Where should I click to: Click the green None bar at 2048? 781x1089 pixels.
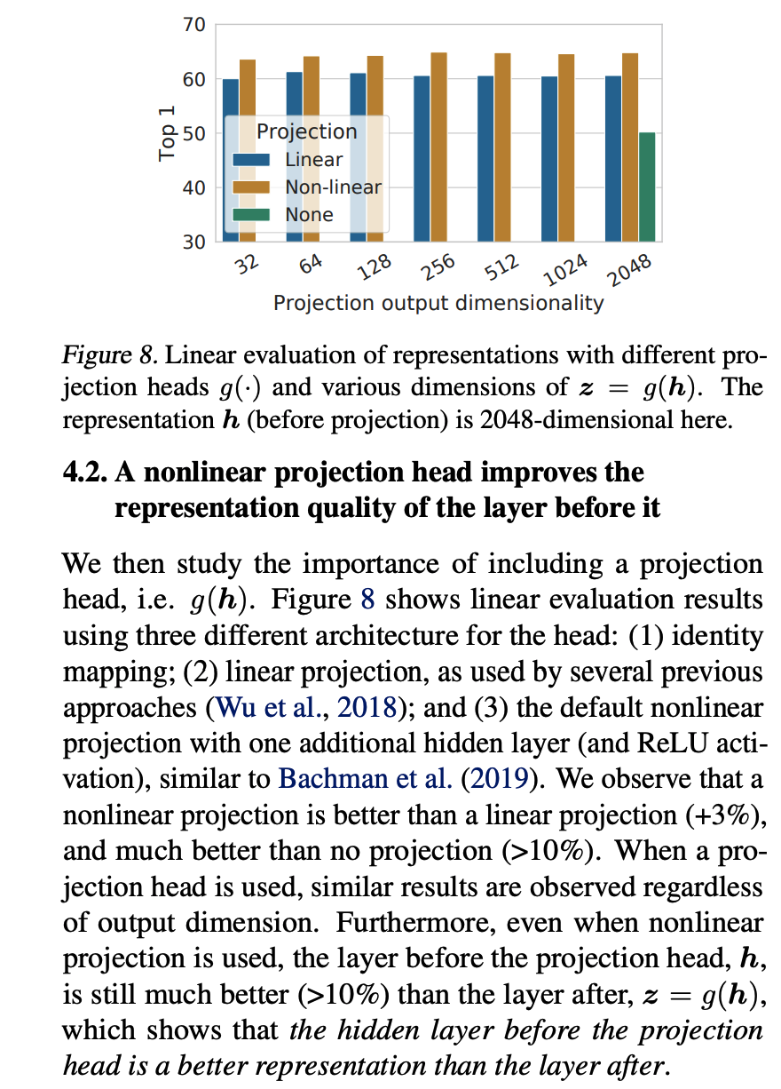point(647,187)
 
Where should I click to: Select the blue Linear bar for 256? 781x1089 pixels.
point(422,158)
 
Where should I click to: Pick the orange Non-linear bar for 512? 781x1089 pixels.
point(502,147)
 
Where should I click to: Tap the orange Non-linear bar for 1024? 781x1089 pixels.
point(566,147)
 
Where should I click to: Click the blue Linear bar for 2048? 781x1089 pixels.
point(614,158)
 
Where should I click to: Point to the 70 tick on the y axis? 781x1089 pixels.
point(193,26)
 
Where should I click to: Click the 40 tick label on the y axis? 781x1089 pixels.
point(193,187)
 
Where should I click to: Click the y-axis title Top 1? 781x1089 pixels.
point(167,133)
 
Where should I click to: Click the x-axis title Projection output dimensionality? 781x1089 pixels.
point(438,303)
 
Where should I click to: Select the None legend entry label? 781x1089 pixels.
point(309,214)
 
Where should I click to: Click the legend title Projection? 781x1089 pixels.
point(306,131)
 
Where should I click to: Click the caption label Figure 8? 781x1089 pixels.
point(107,356)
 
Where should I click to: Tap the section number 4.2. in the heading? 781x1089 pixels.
point(87,472)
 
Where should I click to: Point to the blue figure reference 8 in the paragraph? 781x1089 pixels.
point(367,600)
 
